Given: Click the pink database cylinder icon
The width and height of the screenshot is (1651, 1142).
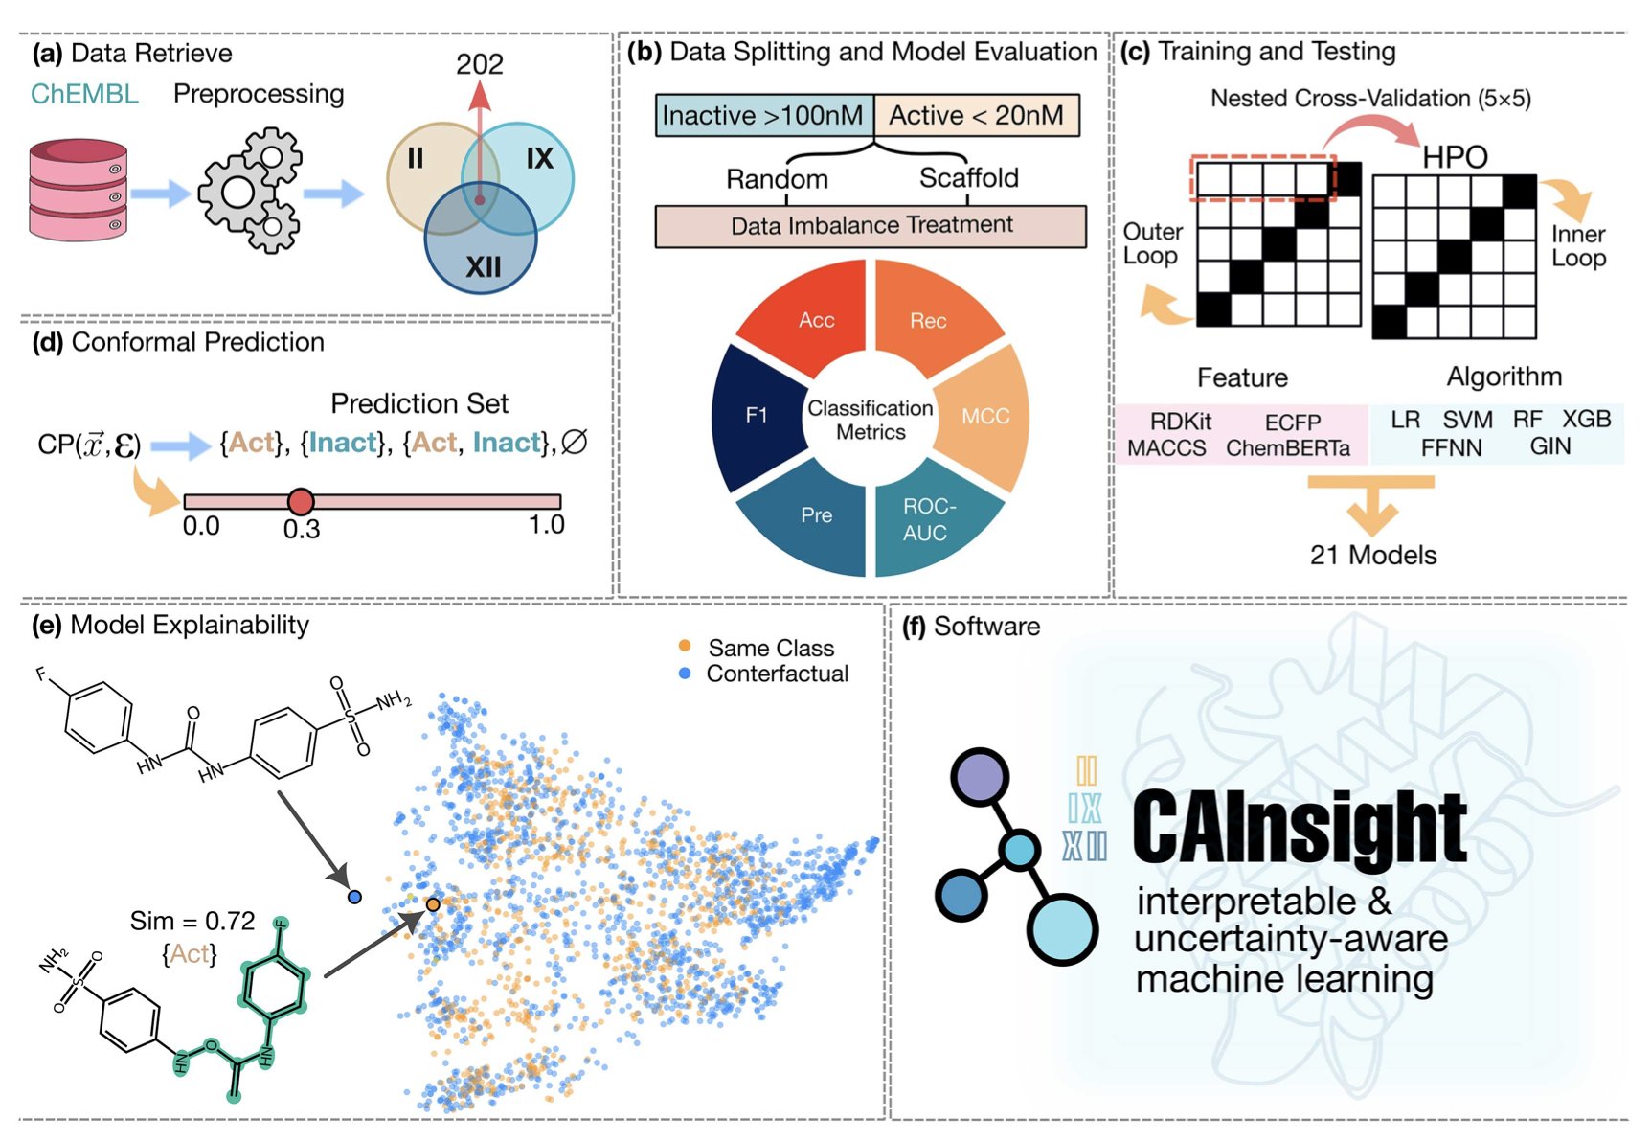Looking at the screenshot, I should click(78, 190).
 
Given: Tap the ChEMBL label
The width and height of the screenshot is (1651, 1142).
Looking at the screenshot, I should click(84, 94).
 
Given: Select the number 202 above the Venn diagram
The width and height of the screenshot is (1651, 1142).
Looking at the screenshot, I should click(479, 64).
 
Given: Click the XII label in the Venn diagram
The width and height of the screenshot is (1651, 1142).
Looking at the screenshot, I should click(483, 266).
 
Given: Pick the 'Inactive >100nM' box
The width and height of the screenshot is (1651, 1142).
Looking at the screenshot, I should click(763, 116).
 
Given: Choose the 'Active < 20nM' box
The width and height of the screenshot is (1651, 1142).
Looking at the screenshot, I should click(976, 116).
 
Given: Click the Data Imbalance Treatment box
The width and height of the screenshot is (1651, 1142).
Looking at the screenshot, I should click(871, 226).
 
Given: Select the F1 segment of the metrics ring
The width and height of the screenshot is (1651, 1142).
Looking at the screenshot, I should click(757, 416).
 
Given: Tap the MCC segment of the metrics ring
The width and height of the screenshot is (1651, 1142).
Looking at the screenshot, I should click(985, 416).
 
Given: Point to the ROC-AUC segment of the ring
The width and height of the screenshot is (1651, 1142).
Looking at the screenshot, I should click(927, 519).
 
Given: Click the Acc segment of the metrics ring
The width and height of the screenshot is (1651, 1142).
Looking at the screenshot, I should click(816, 321).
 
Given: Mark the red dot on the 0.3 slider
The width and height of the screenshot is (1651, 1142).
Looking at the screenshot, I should click(301, 501).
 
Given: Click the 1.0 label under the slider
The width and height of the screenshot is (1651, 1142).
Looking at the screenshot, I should click(547, 525).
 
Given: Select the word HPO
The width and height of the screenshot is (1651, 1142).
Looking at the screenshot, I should click(1454, 157).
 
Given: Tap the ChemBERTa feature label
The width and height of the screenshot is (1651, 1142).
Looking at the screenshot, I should click(1288, 448).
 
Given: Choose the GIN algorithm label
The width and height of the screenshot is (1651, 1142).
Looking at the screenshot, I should click(1549, 446).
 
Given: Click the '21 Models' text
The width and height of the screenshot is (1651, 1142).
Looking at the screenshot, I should click(1373, 556).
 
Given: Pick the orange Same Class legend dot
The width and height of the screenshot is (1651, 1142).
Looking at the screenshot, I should click(685, 647).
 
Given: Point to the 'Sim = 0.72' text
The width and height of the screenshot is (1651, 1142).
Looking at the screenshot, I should click(192, 922).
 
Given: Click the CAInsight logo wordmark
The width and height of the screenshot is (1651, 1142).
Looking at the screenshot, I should click(1299, 828).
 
